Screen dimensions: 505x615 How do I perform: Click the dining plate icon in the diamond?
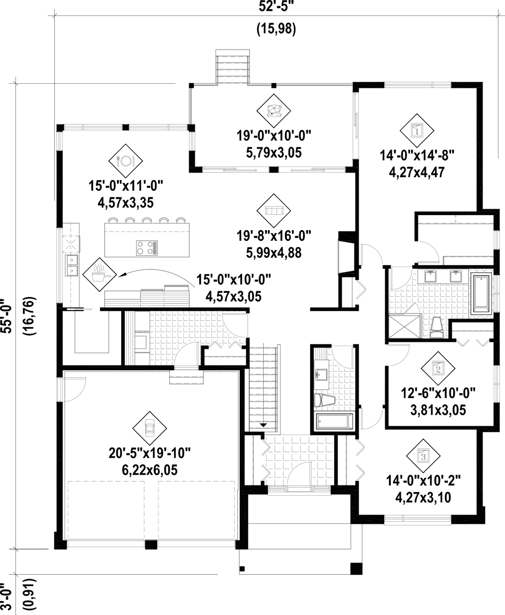coord(125,161)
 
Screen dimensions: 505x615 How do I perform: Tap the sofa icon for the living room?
coord(274,210)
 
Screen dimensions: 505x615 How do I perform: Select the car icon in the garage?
coord(150,428)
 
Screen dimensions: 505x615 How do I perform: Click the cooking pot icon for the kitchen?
coord(100,275)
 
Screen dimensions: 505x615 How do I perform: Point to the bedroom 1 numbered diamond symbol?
coord(417,130)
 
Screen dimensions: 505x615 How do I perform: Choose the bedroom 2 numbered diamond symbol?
coord(438,369)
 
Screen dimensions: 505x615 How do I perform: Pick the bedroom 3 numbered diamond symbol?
coord(423,456)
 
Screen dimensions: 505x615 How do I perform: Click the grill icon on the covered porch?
coord(274,110)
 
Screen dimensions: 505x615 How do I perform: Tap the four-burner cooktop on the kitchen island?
coord(147,248)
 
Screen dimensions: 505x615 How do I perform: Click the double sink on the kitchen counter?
coord(72,265)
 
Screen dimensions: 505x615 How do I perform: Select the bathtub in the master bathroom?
coord(481,294)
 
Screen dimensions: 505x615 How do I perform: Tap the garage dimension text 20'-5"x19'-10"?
coord(150,453)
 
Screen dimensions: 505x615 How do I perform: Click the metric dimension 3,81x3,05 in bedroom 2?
coord(438,410)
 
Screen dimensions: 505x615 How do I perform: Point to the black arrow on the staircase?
coord(263,425)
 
